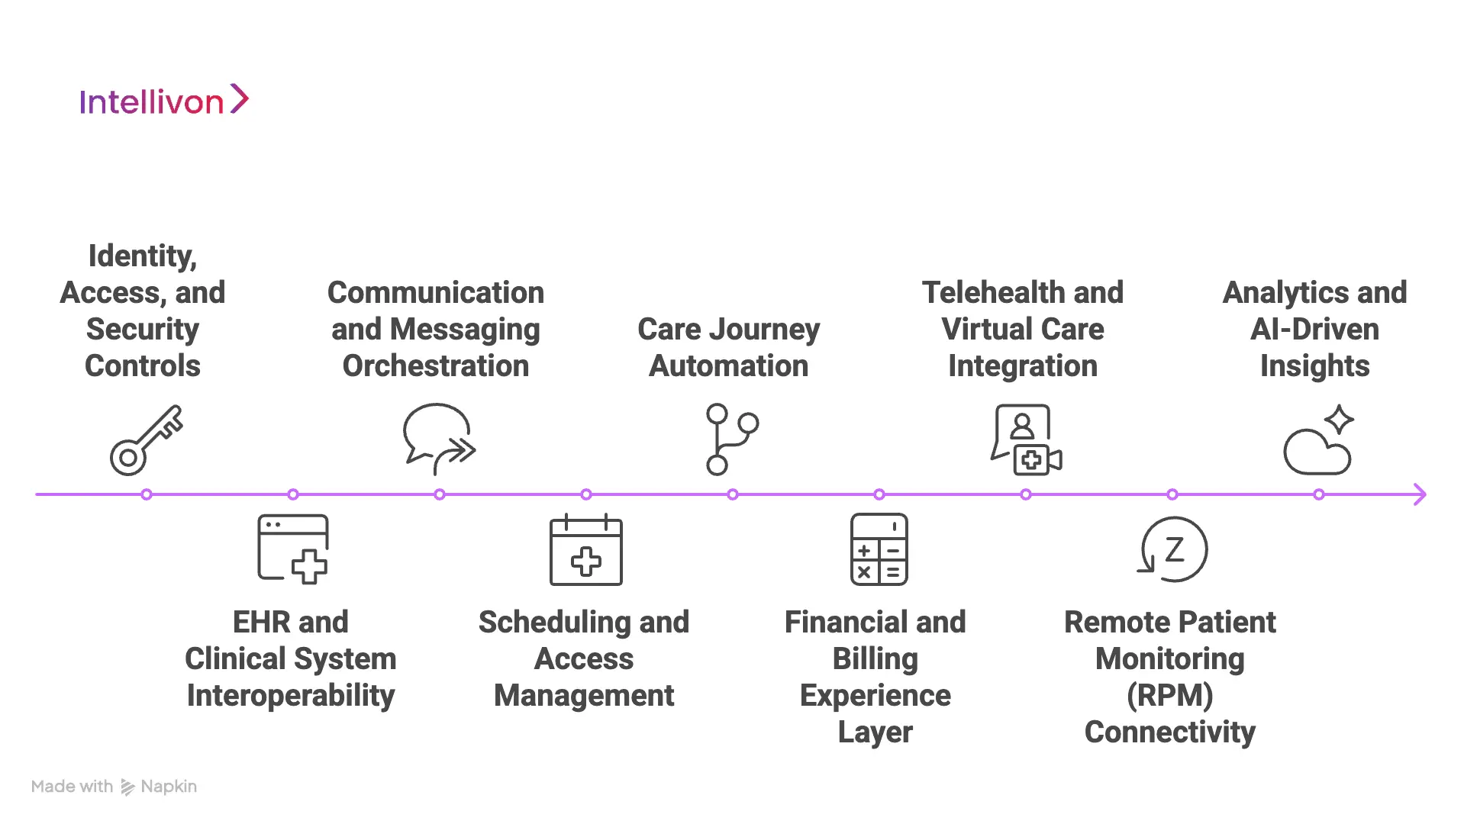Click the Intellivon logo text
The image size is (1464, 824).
[152, 101]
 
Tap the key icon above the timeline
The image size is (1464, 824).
[146, 440]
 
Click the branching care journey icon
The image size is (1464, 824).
[730, 439]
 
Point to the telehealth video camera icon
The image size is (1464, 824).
[1026, 440]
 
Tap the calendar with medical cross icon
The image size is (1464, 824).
[585, 550]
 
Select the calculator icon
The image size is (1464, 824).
[879, 549]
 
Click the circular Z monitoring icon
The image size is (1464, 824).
[1173, 549]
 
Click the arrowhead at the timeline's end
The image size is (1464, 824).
[1419, 494]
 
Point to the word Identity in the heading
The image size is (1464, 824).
[143, 256]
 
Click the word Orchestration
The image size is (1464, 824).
[435, 366]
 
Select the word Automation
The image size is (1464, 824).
[728, 366]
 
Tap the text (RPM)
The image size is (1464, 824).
[1169, 696]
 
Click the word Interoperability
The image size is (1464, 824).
[290, 696]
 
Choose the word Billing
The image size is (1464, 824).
[875, 659]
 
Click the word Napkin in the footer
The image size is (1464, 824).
[169, 787]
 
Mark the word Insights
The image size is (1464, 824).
[1314, 366]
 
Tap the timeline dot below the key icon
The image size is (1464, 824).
[147, 494]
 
